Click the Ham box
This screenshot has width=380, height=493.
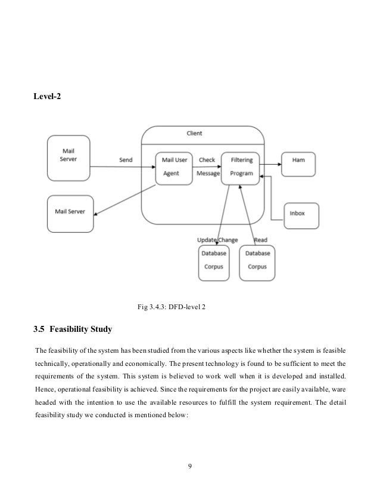click(298, 164)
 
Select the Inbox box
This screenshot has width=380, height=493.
click(301, 215)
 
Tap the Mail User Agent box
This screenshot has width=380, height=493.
click(174, 168)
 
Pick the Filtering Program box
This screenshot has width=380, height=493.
click(241, 168)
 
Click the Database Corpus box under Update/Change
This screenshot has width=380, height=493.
click(214, 263)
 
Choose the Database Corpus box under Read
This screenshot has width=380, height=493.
click(257, 263)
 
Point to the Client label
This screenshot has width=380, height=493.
click(194, 133)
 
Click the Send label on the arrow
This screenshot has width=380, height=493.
click(126, 160)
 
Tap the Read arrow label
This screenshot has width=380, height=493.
click(261, 240)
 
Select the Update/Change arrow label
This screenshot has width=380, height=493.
click(217, 240)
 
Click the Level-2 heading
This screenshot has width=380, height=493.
click(47, 96)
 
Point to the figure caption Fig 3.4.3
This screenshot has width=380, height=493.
click(172, 307)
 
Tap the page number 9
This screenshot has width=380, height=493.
click(190, 466)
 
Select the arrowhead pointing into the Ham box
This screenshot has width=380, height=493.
click(279, 164)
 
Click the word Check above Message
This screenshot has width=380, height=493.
click(207, 160)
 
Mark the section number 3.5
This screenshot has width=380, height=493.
click(39, 329)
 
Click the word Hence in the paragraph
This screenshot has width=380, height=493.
click(45, 389)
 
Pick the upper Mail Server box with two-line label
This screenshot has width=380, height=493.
click(68, 158)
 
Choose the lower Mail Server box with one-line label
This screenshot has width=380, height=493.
click(70, 214)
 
